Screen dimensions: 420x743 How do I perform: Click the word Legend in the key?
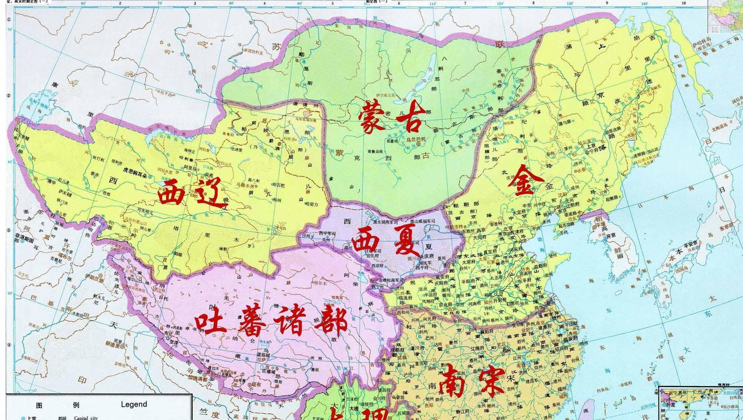pos(134,404)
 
